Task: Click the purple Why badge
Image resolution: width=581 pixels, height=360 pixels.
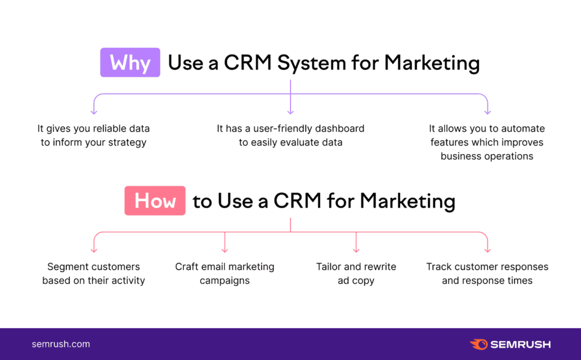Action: coord(130,62)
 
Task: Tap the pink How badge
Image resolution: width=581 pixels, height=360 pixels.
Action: coord(155,201)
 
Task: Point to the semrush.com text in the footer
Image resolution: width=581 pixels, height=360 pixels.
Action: coord(61,344)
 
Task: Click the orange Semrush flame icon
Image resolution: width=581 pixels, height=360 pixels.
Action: coord(478,344)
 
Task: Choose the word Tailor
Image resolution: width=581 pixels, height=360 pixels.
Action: coord(330,266)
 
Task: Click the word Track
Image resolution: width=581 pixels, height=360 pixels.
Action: coord(439,266)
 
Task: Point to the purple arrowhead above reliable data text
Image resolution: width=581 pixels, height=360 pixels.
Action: coord(94,111)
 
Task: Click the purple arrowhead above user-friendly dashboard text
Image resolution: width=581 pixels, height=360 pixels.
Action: coord(290,111)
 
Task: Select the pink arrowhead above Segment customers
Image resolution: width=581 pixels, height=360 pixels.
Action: coord(94,249)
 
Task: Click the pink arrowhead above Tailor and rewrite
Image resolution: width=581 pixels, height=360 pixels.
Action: coord(356,249)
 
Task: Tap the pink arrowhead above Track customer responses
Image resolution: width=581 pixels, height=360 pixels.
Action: coord(487,249)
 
